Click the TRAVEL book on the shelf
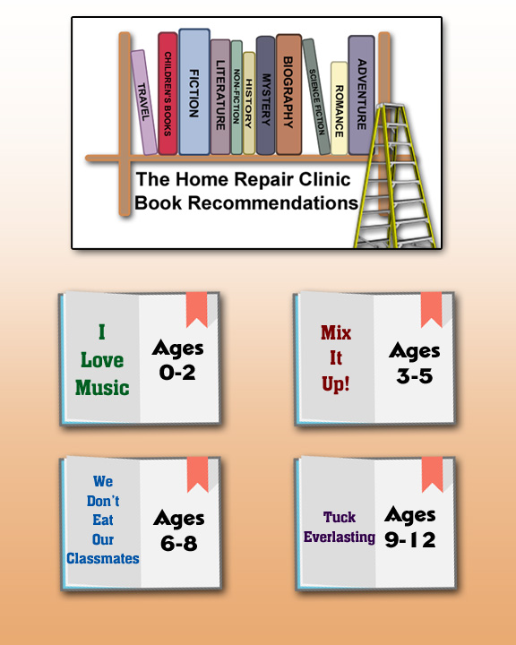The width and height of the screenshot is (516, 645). pyautogui.click(x=144, y=102)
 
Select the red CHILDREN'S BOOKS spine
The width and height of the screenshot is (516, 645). pyautogui.click(x=168, y=93)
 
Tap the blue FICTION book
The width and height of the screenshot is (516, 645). pyautogui.click(x=194, y=91)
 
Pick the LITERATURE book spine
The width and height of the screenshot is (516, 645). pyautogui.click(x=220, y=97)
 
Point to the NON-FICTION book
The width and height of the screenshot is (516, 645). pyautogui.click(x=236, y=97)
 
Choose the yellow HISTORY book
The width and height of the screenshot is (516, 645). pyautogui.click(x=248, y=103)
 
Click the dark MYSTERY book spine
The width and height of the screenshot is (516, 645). pyautogui.click(x=265, y=96)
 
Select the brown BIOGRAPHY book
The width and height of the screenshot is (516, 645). pyautogui.click(x=288, y=94)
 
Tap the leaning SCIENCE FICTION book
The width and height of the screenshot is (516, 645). pyautogui.click(x=316, y=97)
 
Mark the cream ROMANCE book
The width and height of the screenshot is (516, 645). pyautogui.click(x=339, y=108)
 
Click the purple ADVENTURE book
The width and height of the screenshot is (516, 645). pyautogui.click(x=361, y=95)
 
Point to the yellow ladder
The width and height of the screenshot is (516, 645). pyautogui.click(x=393, y=176)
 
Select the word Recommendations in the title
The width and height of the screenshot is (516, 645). pyautogui.click(x=273, y=202)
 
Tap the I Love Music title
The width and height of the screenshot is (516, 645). pyautogui.click(x=102, y=360)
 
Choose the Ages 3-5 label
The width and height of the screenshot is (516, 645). pyautogui.click(x=415, y=363)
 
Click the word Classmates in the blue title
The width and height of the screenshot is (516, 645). pyautogui.click(x=103, y=558)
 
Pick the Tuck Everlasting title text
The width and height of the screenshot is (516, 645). pyautogui.click(x=340, y=527)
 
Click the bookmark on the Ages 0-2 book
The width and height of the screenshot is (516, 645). pyautogui.click(x=197, y=309)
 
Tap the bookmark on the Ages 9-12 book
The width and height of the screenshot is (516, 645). pyautogui.click(x=432, y=474)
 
